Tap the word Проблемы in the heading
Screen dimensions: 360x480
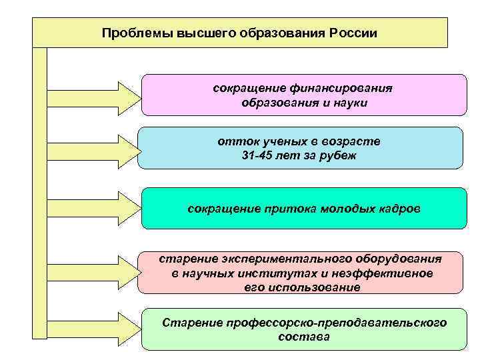click(x=129, y=33)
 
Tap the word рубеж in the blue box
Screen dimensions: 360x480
click(x=341, y=156)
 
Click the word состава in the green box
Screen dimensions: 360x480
click(x=303, y=337)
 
